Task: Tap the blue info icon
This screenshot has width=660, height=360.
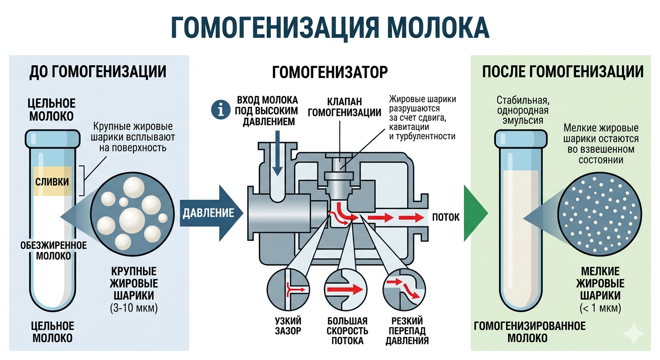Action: point(218,109)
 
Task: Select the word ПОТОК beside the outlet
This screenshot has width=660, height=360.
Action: point(446,217)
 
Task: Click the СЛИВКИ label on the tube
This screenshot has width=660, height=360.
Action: point(52,181)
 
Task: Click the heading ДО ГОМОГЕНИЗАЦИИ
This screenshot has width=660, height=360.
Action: point(98,72)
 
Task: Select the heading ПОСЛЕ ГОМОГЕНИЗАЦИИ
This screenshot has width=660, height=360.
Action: point(562,72)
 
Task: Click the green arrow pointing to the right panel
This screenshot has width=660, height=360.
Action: point(474,213)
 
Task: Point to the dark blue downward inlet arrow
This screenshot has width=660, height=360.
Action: point(277,155)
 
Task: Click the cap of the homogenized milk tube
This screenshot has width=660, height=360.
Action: point(520,138)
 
